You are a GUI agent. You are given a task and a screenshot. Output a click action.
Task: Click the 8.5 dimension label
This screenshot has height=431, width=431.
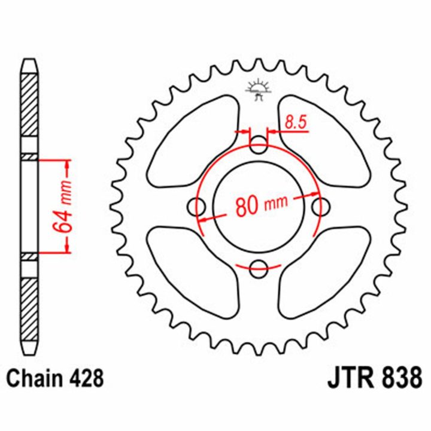pyautogui.click(x=296, y=122)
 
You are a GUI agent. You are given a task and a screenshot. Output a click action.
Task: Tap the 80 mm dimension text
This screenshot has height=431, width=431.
pyautogui.click(x=262, y=205)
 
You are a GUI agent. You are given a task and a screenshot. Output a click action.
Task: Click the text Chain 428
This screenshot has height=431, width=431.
pyautogui.click(x=55, y=378)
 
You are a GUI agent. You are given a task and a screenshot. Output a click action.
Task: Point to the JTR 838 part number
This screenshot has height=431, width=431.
pyautogui.click(x=374, y=378)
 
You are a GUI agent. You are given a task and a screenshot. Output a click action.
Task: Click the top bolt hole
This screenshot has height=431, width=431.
pyautogui.click(x=259, y=145)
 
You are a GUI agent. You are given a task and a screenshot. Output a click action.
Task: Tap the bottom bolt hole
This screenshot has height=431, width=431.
pyautogui.click(x=259, y=269)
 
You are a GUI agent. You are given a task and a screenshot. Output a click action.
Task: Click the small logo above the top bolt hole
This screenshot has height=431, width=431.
pyautogui.click(x=259, y=89)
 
